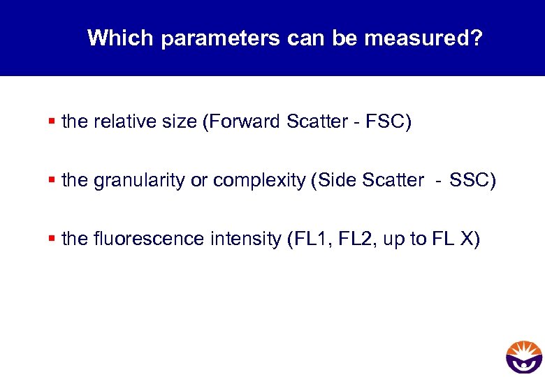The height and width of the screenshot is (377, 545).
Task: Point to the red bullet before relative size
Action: (52, 122)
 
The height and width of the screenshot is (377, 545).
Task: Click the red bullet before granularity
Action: (52, 181)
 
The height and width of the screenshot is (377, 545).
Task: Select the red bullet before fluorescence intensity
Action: (52, 239)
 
